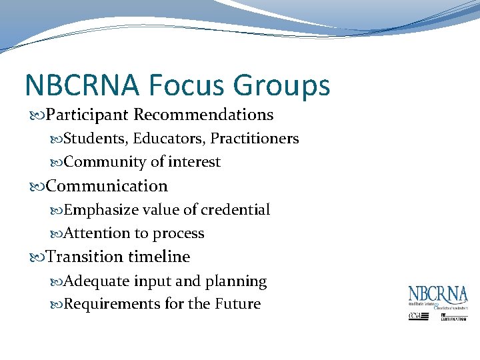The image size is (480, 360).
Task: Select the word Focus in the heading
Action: point(189,86)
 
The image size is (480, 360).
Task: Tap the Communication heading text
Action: point(107,186)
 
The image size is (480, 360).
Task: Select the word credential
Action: point(236,210)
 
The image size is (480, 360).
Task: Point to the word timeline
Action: point(159,257)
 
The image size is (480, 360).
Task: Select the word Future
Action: point(238,304)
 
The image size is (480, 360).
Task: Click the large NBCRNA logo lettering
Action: point(438,295)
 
